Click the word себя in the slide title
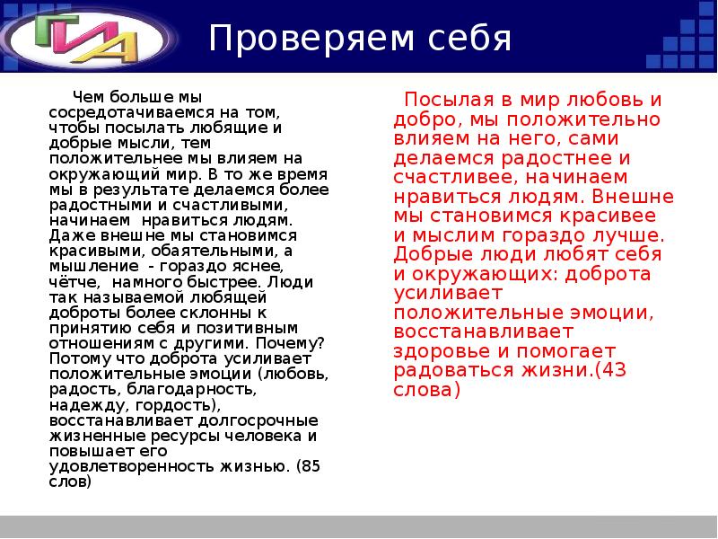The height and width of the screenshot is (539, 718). tap(466, 40)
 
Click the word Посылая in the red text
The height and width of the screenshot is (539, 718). tap(445, 99)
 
